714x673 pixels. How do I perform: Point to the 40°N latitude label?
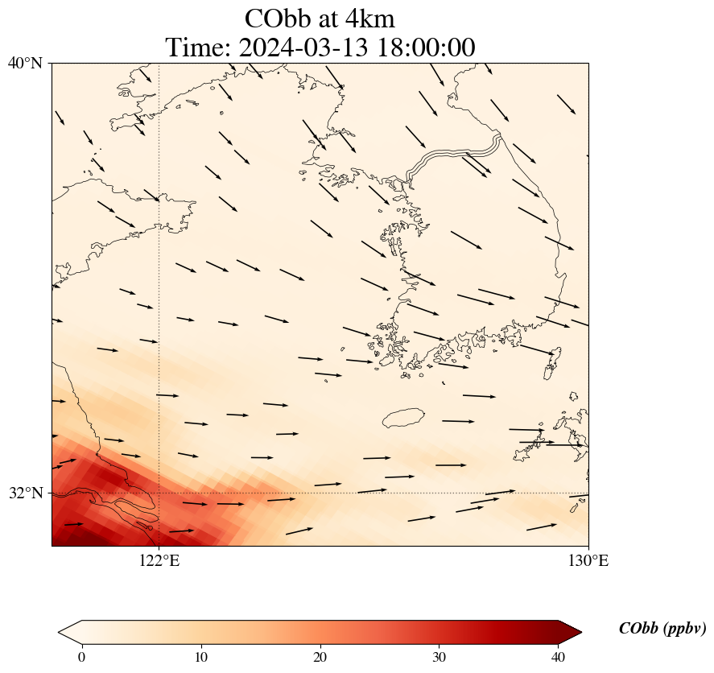click(25, 63)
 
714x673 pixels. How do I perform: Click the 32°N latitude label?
click(25, 493)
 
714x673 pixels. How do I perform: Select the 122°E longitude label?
click(159, 560)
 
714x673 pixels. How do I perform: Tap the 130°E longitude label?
click(588, 560)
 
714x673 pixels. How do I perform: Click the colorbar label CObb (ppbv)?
click(662, 629)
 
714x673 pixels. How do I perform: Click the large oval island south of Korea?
click(403, 418)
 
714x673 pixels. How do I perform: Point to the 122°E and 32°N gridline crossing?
click(159, 493)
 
